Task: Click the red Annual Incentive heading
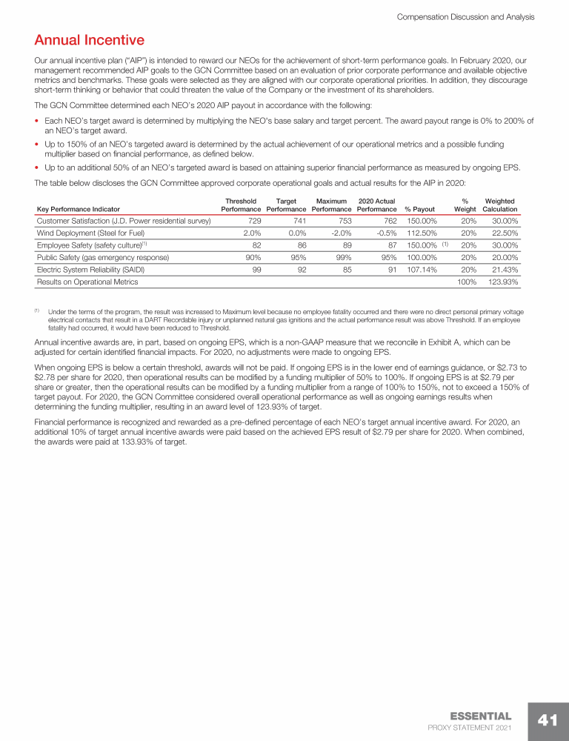tap(89, 39)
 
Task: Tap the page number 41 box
tap(547, 720)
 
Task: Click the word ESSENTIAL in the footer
tap(480, 716)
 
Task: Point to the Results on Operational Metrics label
tap(87, 282)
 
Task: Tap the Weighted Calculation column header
tap(499, 205)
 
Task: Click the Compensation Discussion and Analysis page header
tap(466, 16)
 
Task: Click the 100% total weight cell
tap(465, 282)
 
